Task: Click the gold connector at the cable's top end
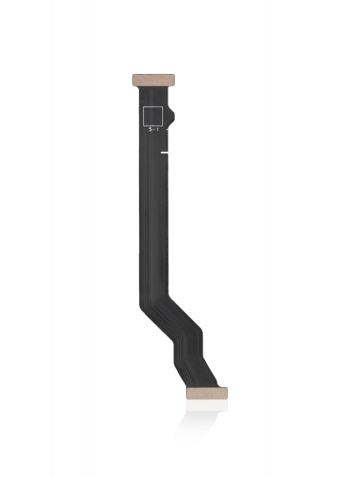pos(153,80)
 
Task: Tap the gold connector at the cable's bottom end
pos(206,393)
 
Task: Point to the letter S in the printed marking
pos(149,130)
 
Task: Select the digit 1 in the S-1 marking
pos(157,130)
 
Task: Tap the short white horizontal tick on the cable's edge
pos(165,151)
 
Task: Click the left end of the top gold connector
pos(134,80)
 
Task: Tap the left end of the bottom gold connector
pos(188,393)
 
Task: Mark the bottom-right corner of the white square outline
pos(163,124)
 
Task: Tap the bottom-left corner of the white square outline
pos(143,124)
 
